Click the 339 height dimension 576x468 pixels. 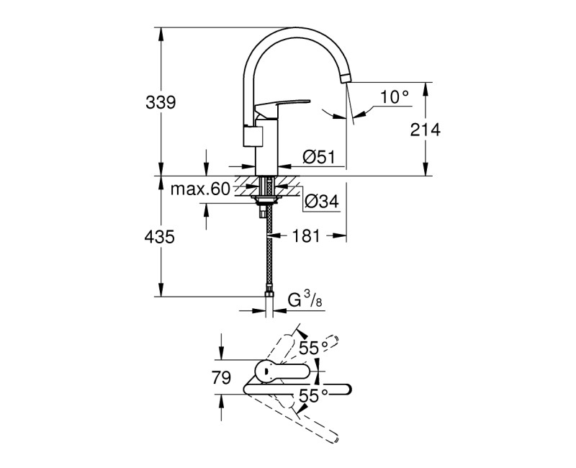(161, 102)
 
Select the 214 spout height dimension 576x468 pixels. (425, 130)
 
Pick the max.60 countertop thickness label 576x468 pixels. (199, 189)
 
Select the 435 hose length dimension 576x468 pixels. (161, 236)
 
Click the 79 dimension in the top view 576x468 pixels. (222, 377)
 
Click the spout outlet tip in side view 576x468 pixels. (348, 78)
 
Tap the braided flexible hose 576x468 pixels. (269, 252)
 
